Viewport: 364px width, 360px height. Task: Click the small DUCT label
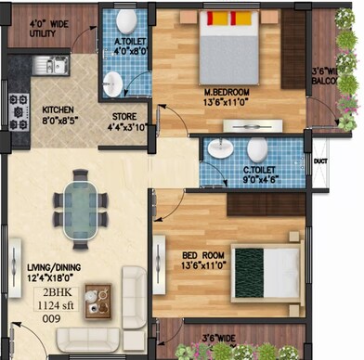click(321, 161)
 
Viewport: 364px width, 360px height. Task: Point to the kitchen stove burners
click(19, 110)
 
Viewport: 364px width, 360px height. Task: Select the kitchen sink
click(42, 65)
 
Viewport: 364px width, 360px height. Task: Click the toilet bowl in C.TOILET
click(256, 148)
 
